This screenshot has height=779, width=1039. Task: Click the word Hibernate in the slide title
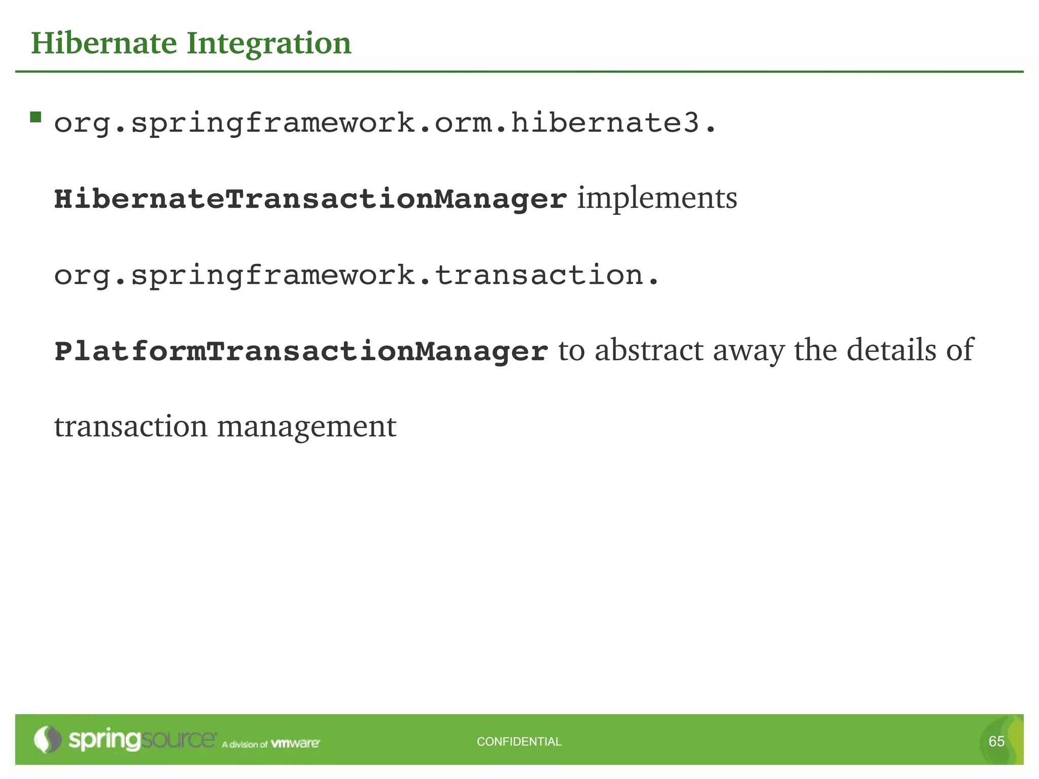(x=104, y=43)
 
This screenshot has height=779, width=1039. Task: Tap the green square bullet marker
(x=36, y=118)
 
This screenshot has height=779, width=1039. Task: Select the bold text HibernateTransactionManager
(x=310, y=199)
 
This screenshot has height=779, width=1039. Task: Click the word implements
(x=657, y=198)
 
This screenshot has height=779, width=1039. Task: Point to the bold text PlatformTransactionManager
(x=301, y=351)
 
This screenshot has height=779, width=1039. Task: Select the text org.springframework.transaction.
(x=357, y=275)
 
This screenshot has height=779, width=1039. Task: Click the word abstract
(x=649, y=350)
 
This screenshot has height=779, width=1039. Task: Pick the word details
(x=891, y=350)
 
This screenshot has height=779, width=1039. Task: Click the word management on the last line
(x=306, y=427)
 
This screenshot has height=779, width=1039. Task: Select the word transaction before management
(x=131, y=426)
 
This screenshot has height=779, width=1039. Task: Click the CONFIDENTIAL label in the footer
(x=519, y=741)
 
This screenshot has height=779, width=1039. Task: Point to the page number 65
(x=996, y=741)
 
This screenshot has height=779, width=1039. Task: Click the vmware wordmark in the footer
(x=295, y=743)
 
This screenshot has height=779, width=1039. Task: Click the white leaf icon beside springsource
(x=47, y=739)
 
